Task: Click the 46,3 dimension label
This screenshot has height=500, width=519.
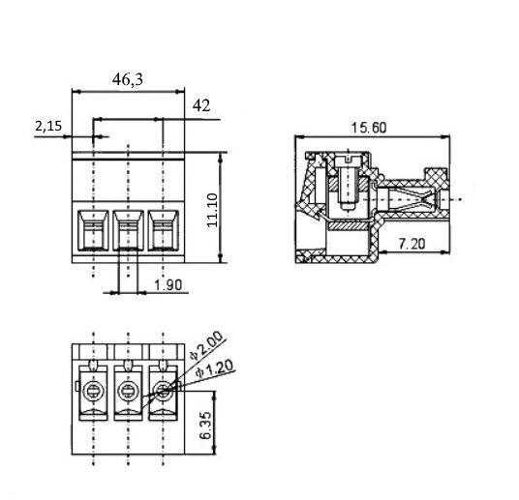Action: point(128,79)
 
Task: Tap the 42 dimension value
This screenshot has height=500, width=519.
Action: point(201,105)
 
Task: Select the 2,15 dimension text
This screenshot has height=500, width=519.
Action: point(48,126)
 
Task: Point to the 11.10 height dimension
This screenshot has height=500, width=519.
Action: point(212,210)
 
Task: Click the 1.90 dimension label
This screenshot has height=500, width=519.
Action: point(168,285)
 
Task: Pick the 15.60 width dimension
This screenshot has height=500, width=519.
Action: point(368,128)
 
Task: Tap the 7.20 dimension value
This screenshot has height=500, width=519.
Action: point(412,244)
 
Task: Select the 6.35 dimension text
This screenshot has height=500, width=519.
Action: point(205,426)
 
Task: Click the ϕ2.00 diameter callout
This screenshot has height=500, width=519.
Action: point(206,346)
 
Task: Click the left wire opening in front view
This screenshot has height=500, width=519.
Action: point(93,230)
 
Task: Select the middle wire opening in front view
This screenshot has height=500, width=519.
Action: point(129,230)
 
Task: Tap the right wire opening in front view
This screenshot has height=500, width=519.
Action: point(164,230)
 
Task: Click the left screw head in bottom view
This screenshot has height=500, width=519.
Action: point(93,392)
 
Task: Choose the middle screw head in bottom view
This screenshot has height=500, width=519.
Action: point(128,392)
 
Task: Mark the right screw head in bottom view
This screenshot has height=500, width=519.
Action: point(164,392)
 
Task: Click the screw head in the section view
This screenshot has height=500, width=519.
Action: point(348,162)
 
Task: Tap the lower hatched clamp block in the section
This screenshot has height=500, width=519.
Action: point(349,226)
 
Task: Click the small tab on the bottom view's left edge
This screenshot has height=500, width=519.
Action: point(77,386)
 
